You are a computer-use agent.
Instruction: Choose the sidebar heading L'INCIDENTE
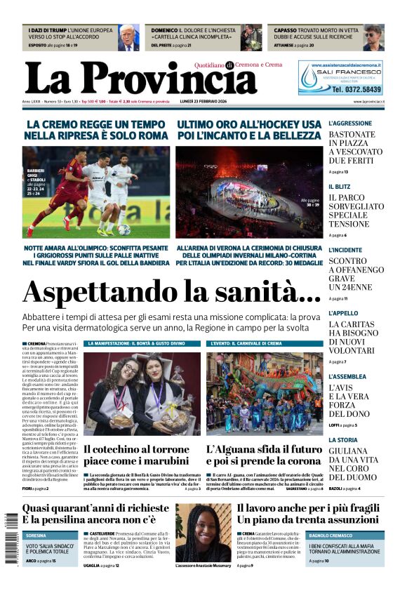(x=347, y=250)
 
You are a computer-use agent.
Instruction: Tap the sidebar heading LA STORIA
(x=343, y=439)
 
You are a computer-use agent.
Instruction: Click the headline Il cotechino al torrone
(x=136, y=449)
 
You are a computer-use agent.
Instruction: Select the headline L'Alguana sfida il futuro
(x=264, y=449)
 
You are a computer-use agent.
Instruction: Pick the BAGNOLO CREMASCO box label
(x=335, y=536)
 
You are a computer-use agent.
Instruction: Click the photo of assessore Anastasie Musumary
(x=203, y=533)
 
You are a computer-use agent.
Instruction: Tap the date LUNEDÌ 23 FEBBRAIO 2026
(x=216, y=102)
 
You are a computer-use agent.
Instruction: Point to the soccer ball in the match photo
(x=124, y=230)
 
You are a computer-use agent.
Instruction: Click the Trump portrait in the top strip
(x=128, y=37)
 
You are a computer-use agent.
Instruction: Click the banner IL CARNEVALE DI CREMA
(x=246, y=344)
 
